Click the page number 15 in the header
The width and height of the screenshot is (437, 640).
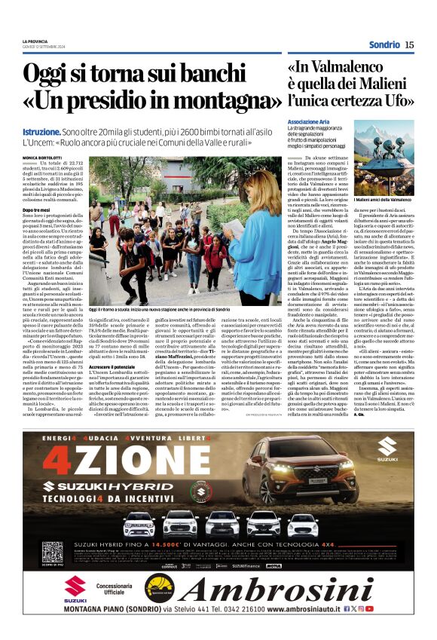[x=409, y=45]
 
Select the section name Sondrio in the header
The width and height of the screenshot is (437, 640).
[x=384, y=45]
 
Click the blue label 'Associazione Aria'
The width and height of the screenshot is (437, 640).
[x=310, y=121]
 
